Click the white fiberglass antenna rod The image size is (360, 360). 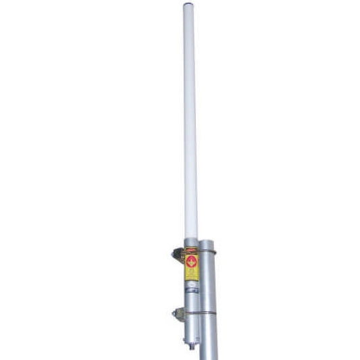pos(190,122)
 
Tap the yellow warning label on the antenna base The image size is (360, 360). pos(191,266)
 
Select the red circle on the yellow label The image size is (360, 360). pos(191,259)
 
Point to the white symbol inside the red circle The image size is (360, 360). pos(191,259)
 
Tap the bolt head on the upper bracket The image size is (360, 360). pos(175,256)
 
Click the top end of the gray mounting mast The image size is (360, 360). pos(208,240)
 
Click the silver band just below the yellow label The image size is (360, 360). pos(192,288)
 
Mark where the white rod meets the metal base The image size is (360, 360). pos(191,237)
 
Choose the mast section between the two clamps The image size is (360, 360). pos(209,284)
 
